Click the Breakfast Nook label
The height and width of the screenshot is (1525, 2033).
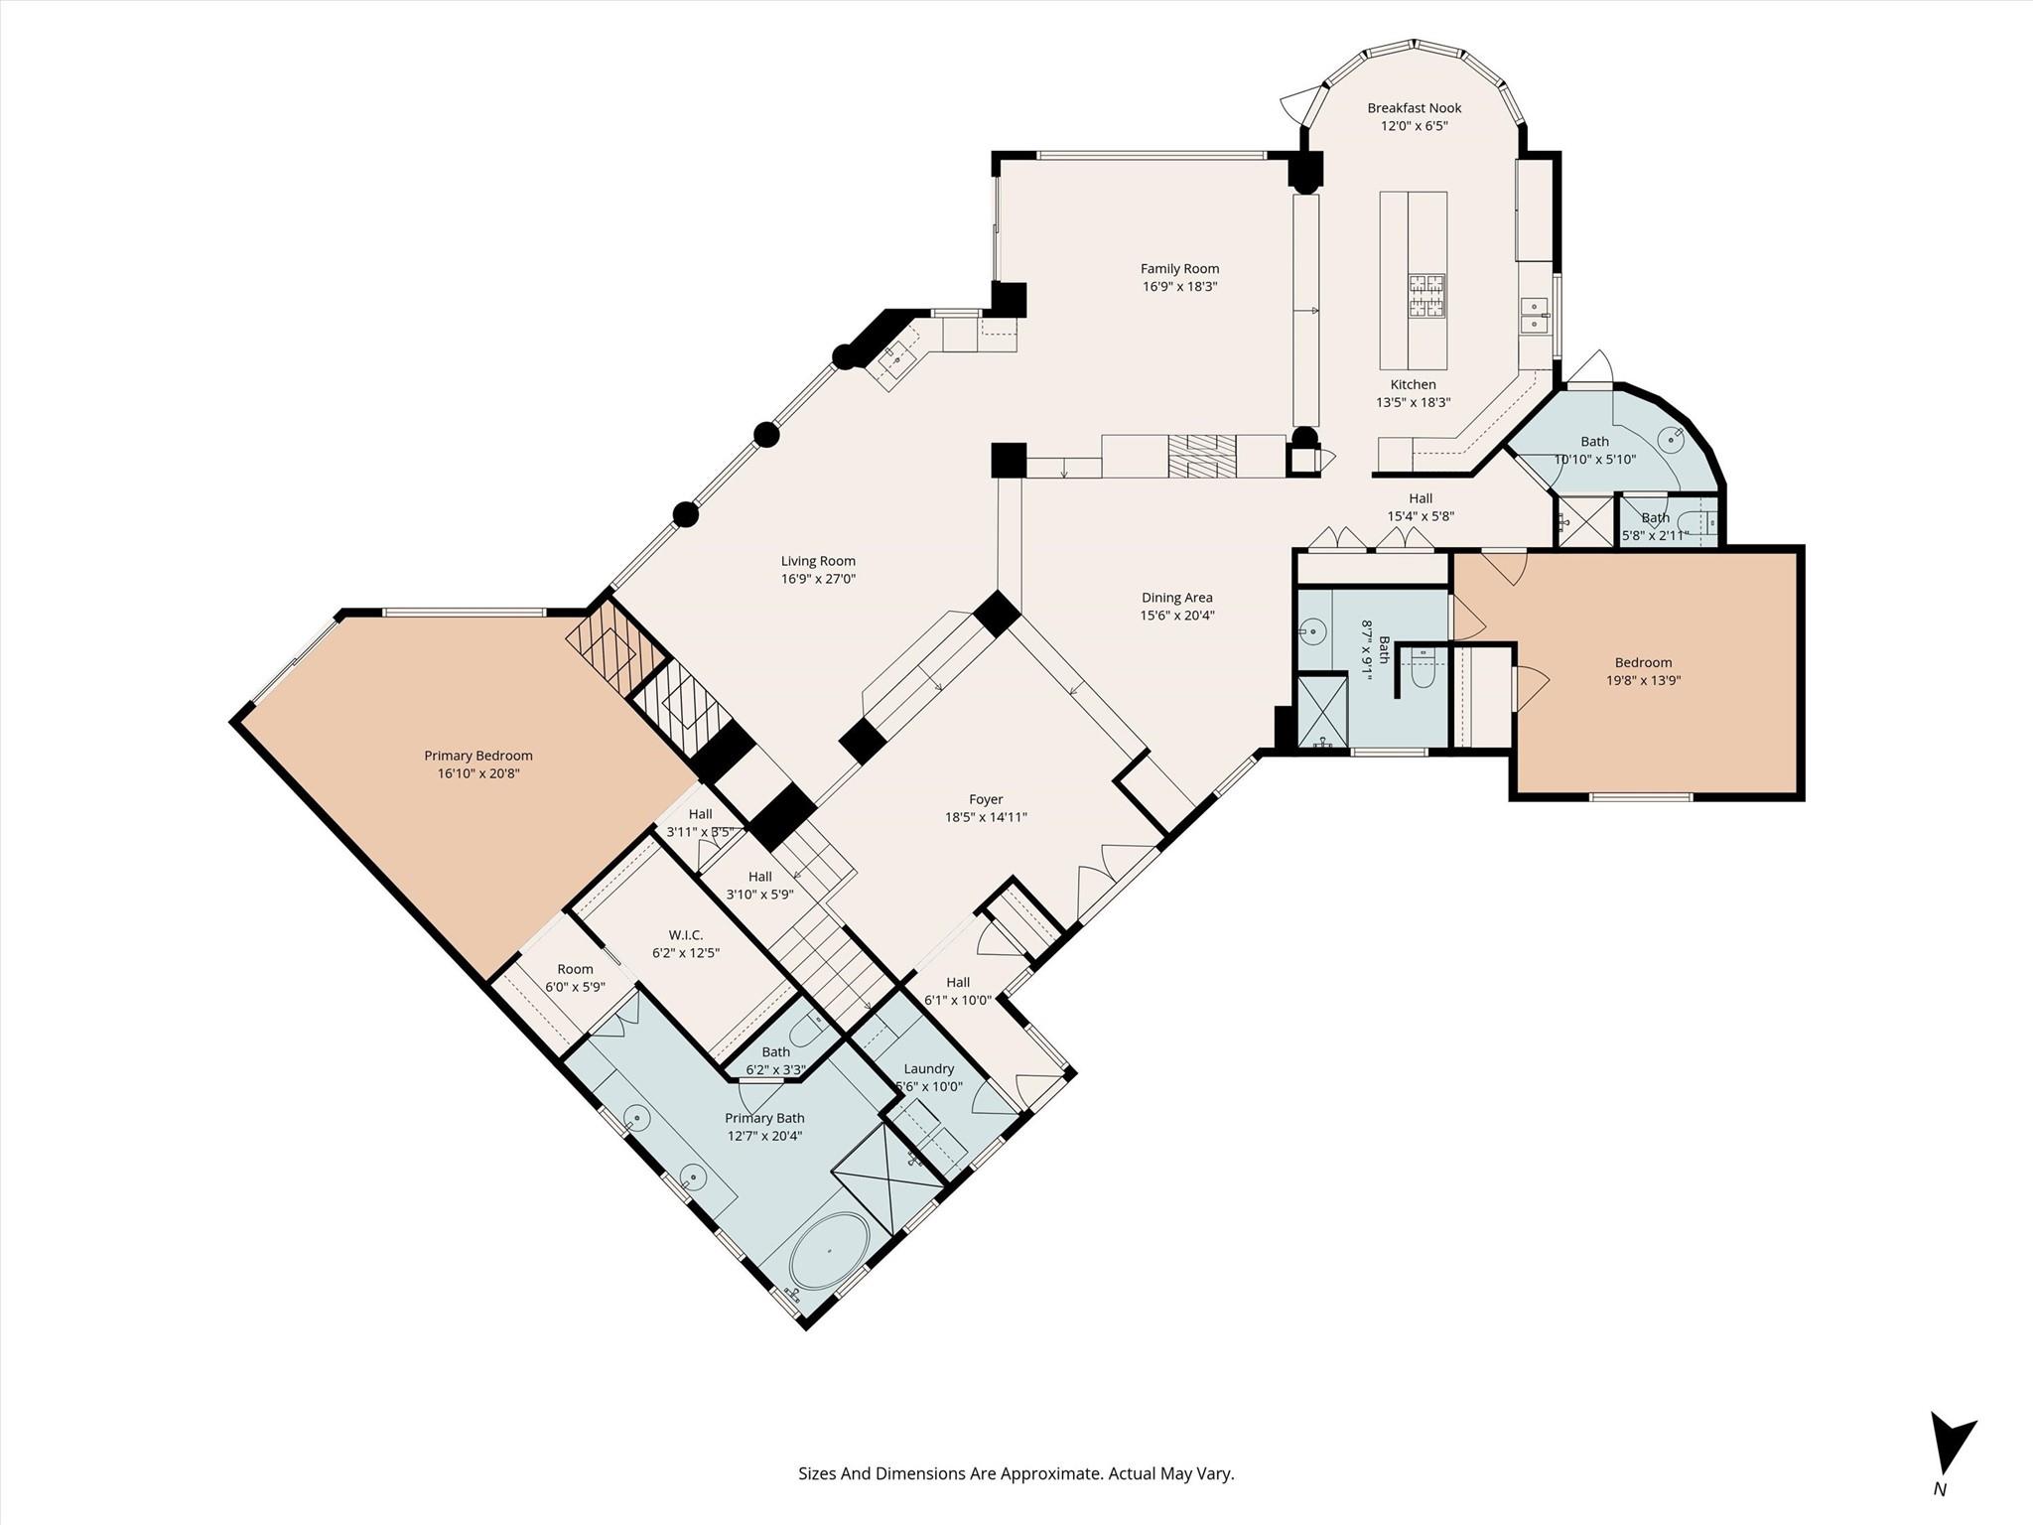[x=1414, y=108]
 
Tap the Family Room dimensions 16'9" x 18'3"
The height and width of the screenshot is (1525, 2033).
[x=1179, y=287]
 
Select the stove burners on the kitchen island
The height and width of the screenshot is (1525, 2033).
[x=1425, y=296]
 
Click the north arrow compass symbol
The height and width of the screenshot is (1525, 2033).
[x=1948, y=1451]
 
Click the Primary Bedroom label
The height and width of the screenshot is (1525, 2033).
[x=477, y=756]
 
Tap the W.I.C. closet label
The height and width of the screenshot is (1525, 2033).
[x=685, y=935]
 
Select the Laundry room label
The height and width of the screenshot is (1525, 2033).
[x=928, y=1069]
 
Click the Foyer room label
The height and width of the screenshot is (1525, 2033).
[x=986, y=799]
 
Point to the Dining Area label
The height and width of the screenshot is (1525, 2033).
[x=1176, y=598]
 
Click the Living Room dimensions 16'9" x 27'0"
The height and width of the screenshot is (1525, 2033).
[x=818, y=579]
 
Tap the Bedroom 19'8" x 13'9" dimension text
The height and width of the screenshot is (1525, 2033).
[x=1643, y=681]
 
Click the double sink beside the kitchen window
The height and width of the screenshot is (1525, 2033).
[x=1535, y=316]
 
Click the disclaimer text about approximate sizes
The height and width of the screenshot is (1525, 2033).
[x=1016, y=1473]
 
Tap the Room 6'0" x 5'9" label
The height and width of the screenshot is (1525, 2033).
[x=575, y=978]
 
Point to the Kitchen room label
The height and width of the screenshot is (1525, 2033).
[x=1413, y=384]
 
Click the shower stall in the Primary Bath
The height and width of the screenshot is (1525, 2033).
[x=886, y=1172]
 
